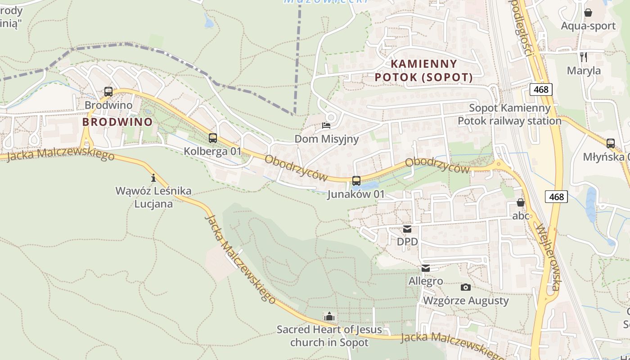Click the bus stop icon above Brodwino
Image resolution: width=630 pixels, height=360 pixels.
click(108, 92)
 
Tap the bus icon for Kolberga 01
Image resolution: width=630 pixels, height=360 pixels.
click(213, 138)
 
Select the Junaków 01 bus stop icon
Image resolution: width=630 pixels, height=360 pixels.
click(356, 181)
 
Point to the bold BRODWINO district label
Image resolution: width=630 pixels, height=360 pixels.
click(117, 121)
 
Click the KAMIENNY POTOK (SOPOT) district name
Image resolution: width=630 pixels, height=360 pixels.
click(424, 71)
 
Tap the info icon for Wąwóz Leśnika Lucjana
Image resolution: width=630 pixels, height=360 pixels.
click(153, 178)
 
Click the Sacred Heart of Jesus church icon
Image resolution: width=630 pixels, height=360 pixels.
click(329, 316)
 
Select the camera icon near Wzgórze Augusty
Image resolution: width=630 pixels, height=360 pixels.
click(466, 287)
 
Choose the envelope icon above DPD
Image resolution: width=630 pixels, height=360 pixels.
click(407, 229)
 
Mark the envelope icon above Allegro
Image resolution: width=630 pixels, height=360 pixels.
click(426, 268)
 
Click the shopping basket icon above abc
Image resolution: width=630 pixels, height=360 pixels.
click(521, 203)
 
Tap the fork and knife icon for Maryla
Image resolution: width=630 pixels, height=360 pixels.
click(584, 57)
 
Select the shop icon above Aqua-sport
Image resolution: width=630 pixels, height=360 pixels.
click(588, 13)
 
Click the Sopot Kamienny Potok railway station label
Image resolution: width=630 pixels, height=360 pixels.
click(510, 114)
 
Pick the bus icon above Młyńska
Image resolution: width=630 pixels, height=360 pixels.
click(611, 144)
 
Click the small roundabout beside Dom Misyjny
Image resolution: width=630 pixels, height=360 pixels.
click(331, 117)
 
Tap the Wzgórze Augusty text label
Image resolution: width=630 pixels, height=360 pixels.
click(466, 301)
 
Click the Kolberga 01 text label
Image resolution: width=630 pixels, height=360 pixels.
click(213, 151)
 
